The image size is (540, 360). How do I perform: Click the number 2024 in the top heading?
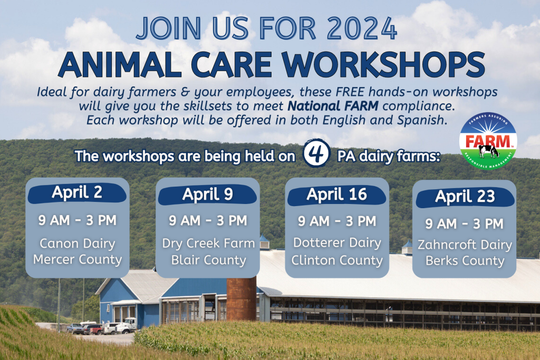362,28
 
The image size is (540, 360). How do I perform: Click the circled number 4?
316,153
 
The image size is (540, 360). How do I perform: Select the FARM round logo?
488,141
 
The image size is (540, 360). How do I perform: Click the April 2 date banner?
77,193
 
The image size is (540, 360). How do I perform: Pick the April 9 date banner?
207,195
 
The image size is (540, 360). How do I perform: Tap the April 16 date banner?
337,195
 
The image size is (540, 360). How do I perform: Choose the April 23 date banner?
465,197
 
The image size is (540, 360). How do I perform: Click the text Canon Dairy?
78,244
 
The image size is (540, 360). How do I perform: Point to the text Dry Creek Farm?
208,244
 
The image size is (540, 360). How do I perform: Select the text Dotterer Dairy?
337,242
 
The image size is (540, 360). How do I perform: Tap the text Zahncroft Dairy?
465,245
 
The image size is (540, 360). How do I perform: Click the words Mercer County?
78,259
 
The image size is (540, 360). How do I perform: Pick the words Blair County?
209,260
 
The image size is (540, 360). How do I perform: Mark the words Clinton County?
337,260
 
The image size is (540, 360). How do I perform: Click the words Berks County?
465,261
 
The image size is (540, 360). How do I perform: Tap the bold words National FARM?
333,106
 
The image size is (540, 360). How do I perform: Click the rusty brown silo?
242,299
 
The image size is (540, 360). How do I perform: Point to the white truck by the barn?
127,325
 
